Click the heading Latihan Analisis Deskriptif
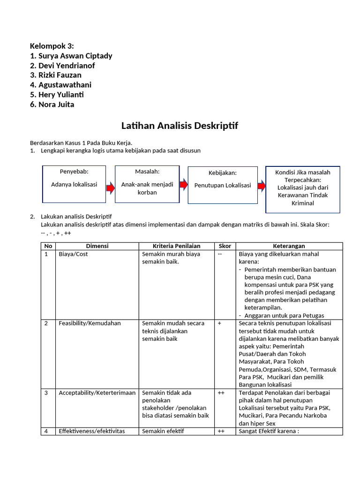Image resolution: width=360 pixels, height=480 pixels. pyautogui.click(x=180, y=126)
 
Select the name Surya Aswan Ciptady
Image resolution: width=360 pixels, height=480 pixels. pyautogui.click(x=71, y=56)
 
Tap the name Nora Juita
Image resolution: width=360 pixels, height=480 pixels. pyautogui.click(x=52, y=105)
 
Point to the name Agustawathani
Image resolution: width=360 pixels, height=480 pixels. pyautogui.click(x=60, y=85)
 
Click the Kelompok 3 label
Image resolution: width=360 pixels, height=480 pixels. pyautogui.click(x=52, y=46)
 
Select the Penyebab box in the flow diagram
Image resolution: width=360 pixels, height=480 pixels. pyautogui.click(x=74, y=184)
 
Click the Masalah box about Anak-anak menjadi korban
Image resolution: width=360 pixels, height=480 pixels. pyautogui.click(x=147, y=184)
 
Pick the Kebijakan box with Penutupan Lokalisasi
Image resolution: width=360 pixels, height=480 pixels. pyautogui.click(x=223, y=185)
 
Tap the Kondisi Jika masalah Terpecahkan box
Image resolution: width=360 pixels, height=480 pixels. pyautogui.click(x=302, y=189)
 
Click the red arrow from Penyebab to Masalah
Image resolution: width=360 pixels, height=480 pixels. pyautogui.click(x=111, y=188)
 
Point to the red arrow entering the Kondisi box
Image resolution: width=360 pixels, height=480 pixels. pyautogui.click(x=261, y=186)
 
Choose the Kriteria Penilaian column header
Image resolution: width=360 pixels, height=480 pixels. pyautogui.click(x=177, y=246)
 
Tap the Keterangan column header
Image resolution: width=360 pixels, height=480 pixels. pyautogui.click(x=289, y=246)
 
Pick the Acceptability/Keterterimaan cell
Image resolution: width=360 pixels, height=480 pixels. pyautogui.click(x=97, y=393)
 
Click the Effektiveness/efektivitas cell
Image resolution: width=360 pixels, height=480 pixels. pyautogui.click(x=92, y=431)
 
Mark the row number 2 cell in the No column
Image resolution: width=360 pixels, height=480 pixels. pyautogui.click(x=46, y=323)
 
